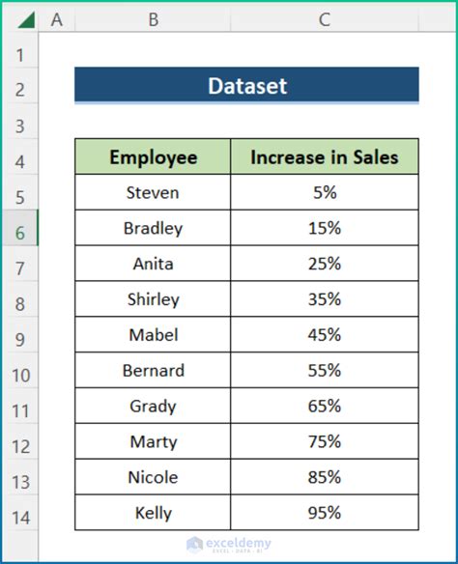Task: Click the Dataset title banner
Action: coord(246,86)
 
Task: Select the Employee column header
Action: coord(153,157)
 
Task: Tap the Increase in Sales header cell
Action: coord(325,157)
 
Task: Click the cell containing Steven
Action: coord(153,192)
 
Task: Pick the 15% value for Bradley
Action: coord(325,228)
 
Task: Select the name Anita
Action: coord(153,264)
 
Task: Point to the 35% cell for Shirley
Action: coord(325,299)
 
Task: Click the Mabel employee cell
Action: coord(153,335)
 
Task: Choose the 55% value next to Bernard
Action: coord(325,370)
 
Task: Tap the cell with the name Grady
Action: coord(153,406)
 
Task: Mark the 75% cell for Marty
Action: coord(325,441)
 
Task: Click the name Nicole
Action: coord(153,477)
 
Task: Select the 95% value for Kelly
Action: coord(325,512)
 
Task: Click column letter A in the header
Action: coord(57,18)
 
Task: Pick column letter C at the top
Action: coord(325,18)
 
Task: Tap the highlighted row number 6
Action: coord(20,232)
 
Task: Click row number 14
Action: coord(20,517)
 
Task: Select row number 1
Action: coord(20,54)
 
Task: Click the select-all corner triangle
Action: coord(23,19)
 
